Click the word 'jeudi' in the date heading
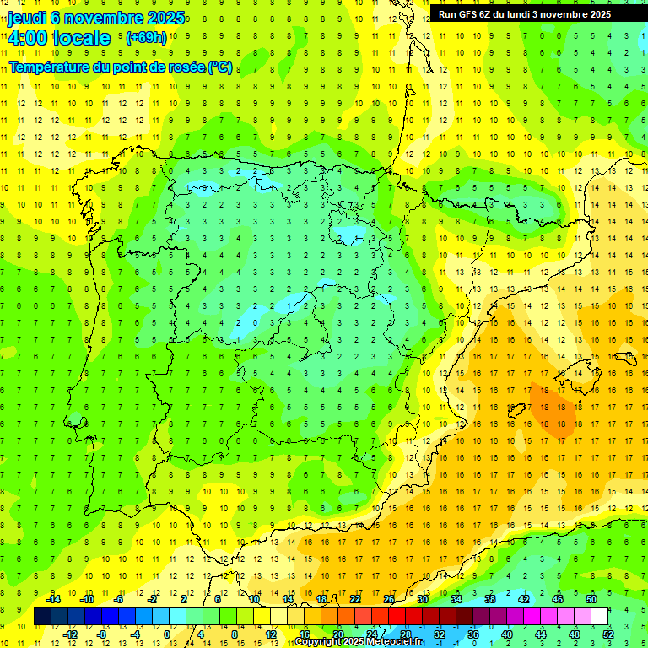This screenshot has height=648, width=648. pyautogui.click(x=27, y=19)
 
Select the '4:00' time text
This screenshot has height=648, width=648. pyautogui.click(x=29, y=38)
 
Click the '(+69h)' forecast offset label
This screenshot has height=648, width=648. pyautogui.click(x=146, y=38)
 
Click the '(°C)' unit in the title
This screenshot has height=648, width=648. pyautogui.click(x=220, y=67)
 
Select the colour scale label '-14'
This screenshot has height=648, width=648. pyautogui.click(x=53, y=599)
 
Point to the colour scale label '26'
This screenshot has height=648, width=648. pyautogui.click(x=389, y=599)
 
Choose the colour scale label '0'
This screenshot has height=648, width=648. pyautogui.click(x=167, y=634)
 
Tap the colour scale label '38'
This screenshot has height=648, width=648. pyautogui.click(x=490, y=599)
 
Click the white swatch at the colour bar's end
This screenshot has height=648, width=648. pyautogui.click(x=599, y=617)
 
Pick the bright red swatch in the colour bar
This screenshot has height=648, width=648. pyautogui.click(x=397, y=617)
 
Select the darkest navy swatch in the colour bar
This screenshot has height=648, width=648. pyautogui.click(x=42, y=617)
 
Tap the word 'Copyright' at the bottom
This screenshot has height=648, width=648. pyautogui.click(x=317, y=642)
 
